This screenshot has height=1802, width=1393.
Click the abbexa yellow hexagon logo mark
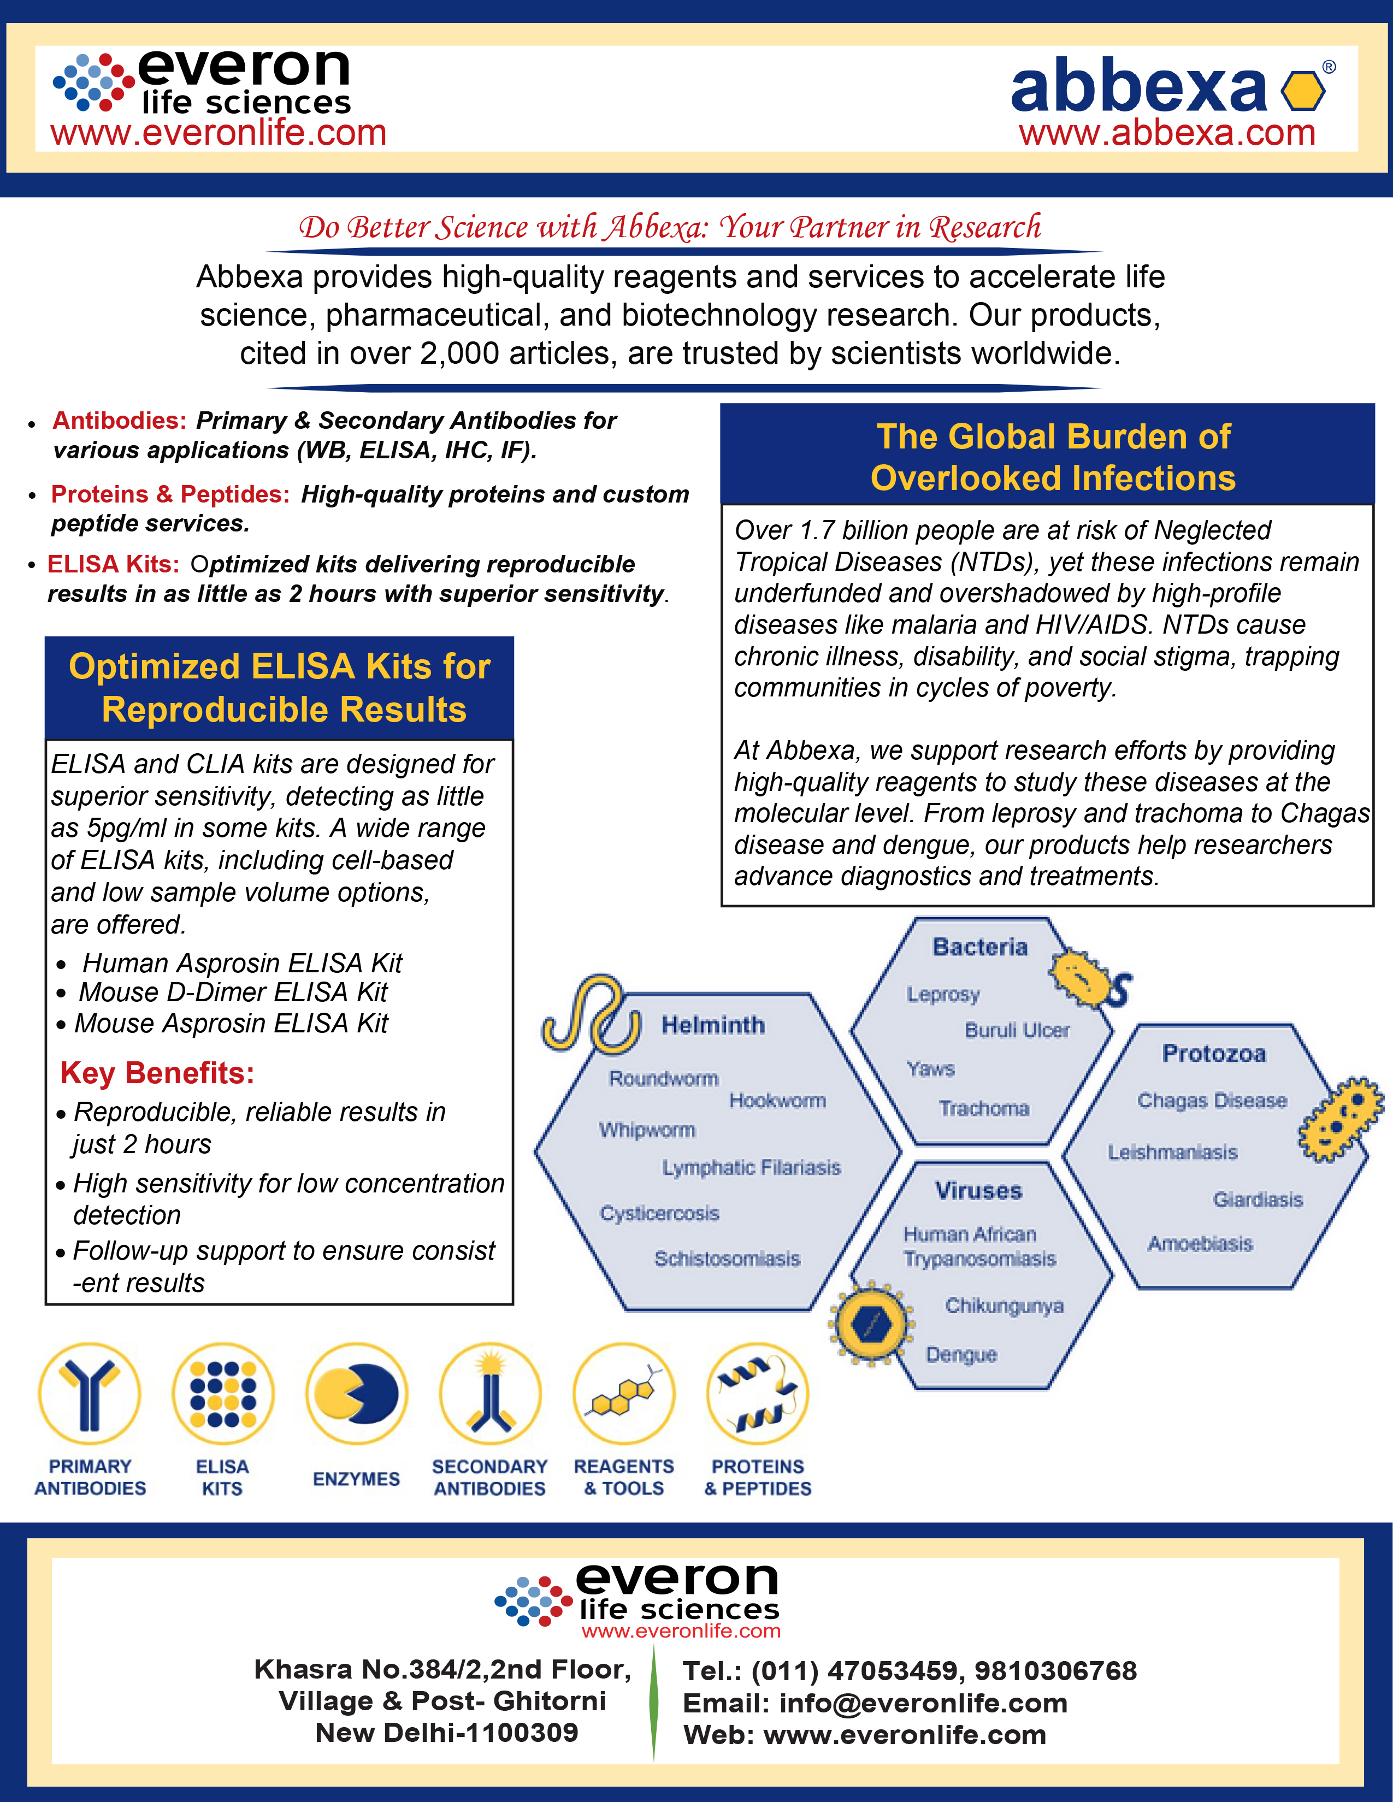[1303, 91]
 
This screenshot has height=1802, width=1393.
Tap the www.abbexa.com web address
[1167, 133]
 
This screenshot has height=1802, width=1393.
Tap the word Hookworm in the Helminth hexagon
[777, 1101]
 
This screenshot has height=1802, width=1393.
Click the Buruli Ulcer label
[1017, 1031]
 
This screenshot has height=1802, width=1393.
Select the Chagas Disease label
[1212, 1101]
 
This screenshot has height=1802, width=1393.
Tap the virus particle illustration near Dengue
[871, 1324]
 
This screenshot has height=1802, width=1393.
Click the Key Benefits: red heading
[157, 1073]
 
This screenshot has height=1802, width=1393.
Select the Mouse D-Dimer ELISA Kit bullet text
[233, 992]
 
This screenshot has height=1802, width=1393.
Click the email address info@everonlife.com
[923, 1703]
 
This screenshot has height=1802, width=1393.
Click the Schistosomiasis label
[727, 1259]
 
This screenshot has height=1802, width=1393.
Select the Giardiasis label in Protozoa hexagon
[1258, 1200]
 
